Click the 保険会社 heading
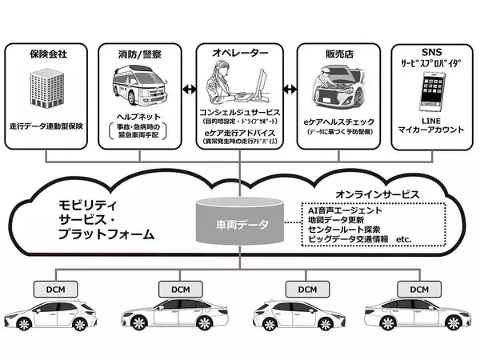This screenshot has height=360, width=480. pyautogui.click(x=49, y=54)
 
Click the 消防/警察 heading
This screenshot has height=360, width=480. pyautogui.click(x=142, y=54)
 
